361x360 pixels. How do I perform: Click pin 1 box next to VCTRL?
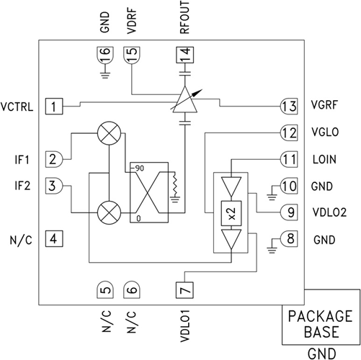(x=54, y=107)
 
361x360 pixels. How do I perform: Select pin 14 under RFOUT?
(x=187, y=54)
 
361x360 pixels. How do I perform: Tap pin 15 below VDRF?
(x=131, y=55)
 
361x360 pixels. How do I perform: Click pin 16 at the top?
(x=104, y=54)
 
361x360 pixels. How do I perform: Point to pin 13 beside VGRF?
(x=289, y=106)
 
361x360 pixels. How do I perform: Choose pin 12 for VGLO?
(x=289, y=132)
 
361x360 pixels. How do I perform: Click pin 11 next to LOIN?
(x=289, y=158)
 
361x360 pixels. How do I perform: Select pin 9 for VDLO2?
(x=289, y=213)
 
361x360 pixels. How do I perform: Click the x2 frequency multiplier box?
(x=230, y=213)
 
